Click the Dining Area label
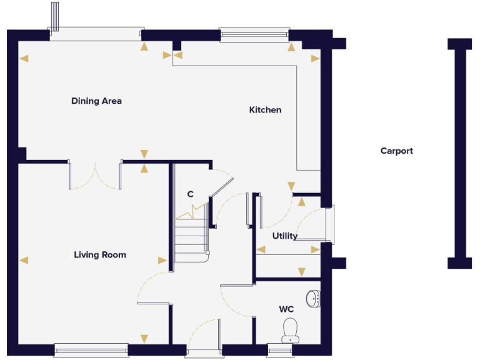[96, 101]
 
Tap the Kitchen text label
[265, 110]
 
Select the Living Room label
[100, 254]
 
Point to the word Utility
[284, 236]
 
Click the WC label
[286, 309]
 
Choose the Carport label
[396, 151]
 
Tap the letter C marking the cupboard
[191, 194]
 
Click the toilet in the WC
[289, 329]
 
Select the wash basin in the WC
[314, 298]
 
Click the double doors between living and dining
[95, 175]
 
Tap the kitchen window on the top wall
[254, 34]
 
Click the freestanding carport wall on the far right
[459, 153]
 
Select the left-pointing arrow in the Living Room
[24, 260]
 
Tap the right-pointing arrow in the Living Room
[162, 260]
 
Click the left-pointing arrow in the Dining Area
[24, 59]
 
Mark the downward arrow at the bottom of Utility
[302, 272]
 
